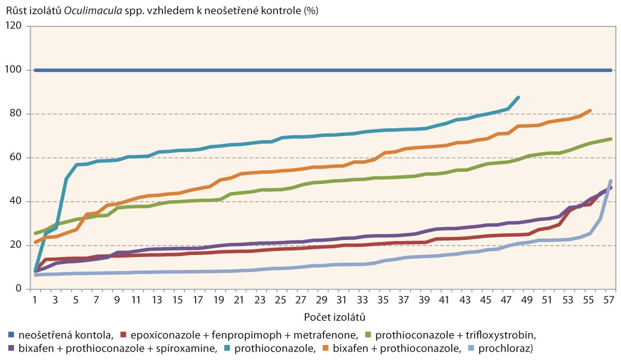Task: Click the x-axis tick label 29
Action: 321,299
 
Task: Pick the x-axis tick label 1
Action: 35,299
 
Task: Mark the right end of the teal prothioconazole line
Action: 518,97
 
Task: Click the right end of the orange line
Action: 590,110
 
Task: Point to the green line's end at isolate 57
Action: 611,139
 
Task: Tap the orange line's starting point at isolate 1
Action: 35,242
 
